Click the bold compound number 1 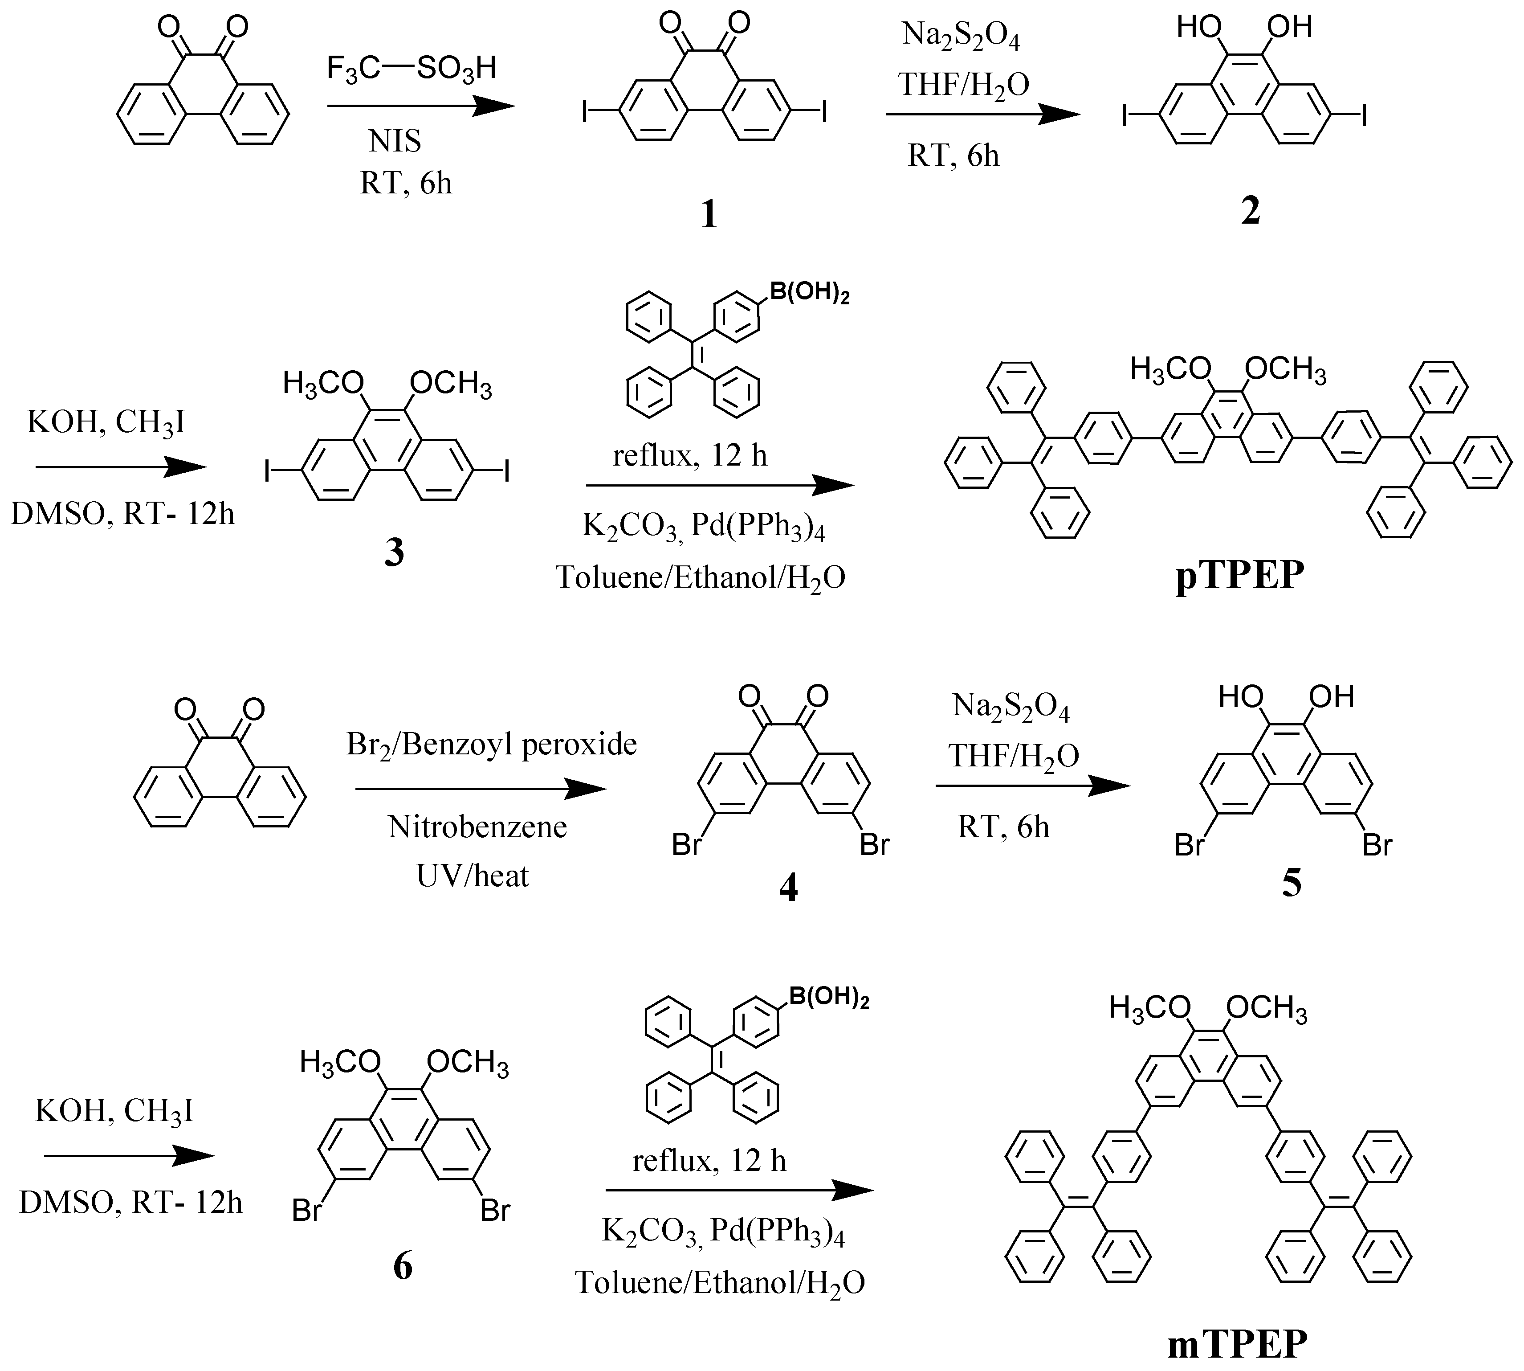coord(709,216)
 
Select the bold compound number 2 coord(1250,212)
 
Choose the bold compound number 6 coord(403,1266)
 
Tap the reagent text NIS coord(395,141)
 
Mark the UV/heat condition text coord(473,876)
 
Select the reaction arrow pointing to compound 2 coord(982,115)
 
